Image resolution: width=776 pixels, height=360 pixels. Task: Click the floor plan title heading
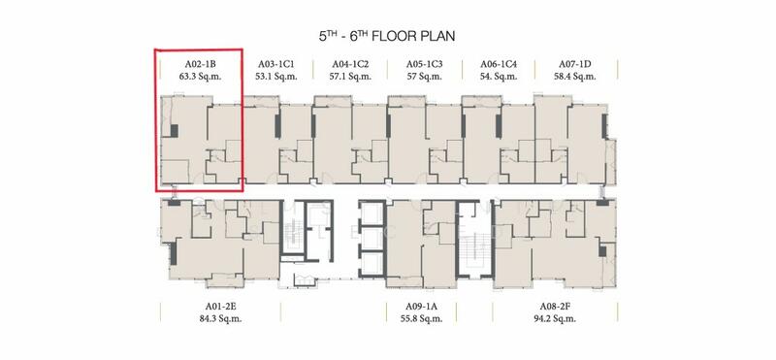387,36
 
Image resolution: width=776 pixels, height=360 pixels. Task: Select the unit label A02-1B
200,64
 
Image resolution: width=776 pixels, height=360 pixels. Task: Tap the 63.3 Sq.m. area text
200,77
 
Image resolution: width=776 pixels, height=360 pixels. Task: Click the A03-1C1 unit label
276,64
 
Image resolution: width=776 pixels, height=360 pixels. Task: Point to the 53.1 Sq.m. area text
276,77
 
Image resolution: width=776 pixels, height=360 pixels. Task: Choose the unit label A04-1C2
350,64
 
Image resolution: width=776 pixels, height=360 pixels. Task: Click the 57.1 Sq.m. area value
350,77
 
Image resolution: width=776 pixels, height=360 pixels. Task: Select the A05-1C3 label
425,64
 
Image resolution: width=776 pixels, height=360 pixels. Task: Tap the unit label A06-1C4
499,64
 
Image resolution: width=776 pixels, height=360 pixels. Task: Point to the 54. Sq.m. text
499,77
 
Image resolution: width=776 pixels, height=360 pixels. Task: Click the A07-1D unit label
575,64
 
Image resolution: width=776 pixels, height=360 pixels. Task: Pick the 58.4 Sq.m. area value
575,77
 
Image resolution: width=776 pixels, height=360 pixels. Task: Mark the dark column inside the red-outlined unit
174,131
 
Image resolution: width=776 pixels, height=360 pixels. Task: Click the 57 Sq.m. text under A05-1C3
425,77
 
